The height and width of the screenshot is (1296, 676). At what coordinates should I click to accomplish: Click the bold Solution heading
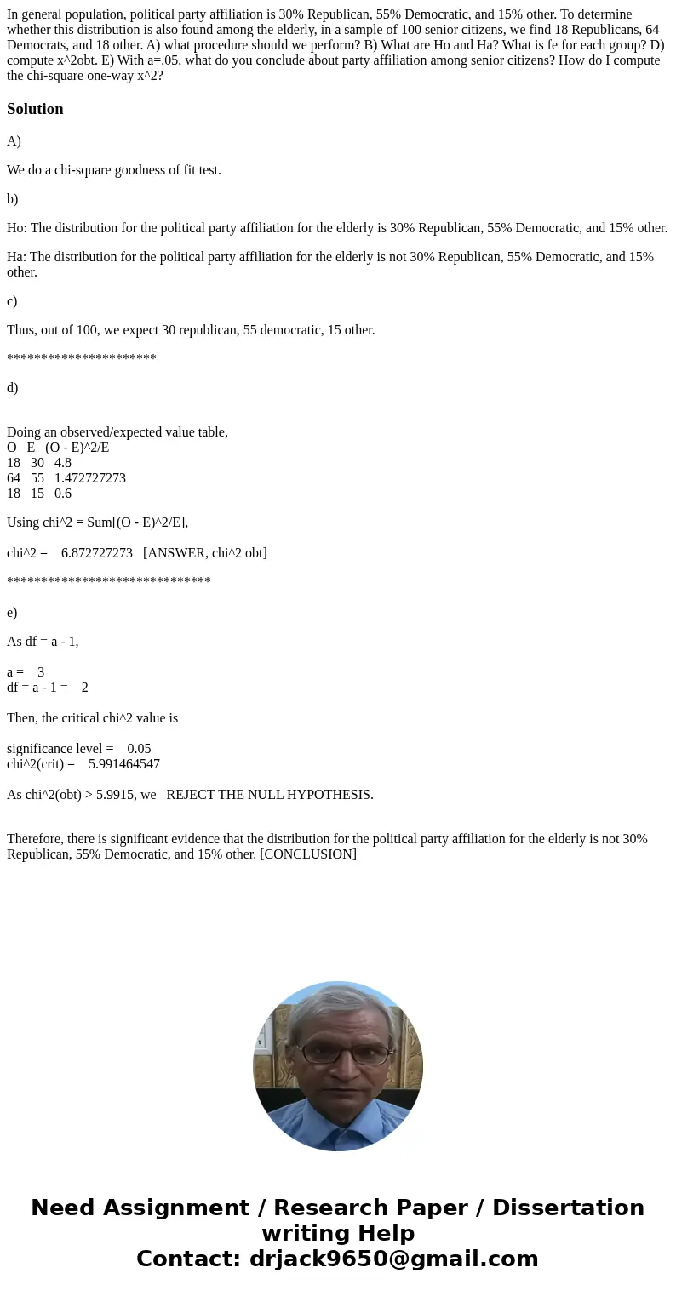[35, 109]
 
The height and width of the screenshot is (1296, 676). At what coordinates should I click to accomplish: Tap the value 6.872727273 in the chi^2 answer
[97, 553]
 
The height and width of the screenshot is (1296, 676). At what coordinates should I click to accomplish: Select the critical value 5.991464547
[124, 764]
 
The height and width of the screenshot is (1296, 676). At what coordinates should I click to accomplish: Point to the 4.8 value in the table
[63, 463]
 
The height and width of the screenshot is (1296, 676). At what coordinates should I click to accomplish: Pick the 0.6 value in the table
[63, 494]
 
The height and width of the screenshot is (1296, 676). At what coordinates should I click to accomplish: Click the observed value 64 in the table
[14, 478]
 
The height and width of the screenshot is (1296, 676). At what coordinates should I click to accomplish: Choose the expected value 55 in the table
[37, 478]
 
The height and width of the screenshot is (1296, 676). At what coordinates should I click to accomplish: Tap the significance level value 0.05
[139, 749]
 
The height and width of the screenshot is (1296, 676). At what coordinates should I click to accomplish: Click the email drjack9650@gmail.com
[394, 1259]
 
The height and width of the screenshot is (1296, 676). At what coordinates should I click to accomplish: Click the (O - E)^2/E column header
[77, 448]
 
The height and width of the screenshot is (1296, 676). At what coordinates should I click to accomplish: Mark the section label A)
[14, 141]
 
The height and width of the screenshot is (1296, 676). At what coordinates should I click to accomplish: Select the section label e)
[12, 613]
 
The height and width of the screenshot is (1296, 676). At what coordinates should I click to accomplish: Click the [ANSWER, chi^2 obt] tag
[205, 553]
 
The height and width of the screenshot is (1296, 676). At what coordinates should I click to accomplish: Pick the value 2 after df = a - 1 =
[84, 688]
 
